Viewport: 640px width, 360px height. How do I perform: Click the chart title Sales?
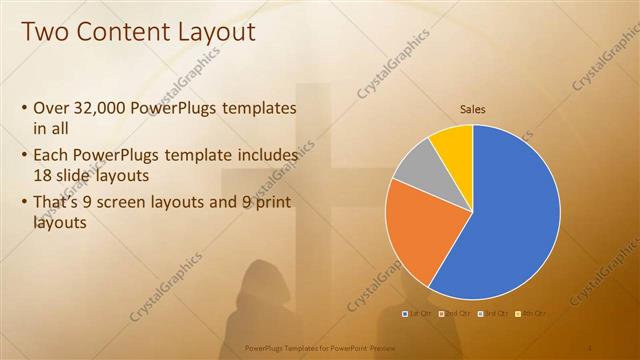click(x=473, y=109)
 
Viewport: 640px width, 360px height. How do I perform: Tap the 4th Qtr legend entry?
click(x=531, y=314)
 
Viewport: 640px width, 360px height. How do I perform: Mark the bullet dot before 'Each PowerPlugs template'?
click(x=24, y=157)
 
